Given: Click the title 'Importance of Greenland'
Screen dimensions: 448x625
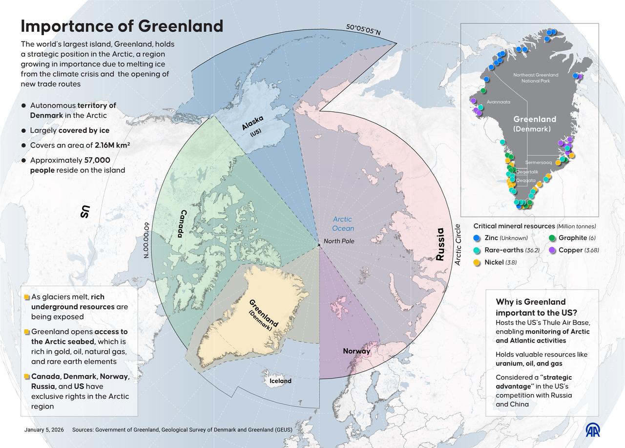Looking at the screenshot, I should click(x=122, y=26).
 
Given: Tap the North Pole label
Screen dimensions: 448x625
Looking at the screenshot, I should click(x=338, y=241).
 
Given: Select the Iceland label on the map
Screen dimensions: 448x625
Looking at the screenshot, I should click(x=280, y=381).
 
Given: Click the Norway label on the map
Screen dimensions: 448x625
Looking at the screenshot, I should click(x=356, y=351).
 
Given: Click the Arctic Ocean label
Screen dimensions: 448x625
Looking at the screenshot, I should click(x=343, y=224).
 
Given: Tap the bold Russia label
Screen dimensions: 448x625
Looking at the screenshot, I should click(x=440, y=244).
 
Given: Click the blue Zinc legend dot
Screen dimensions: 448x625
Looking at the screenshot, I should click(x=477, y=238).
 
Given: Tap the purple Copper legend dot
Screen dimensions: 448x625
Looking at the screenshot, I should click(x=551, y=250).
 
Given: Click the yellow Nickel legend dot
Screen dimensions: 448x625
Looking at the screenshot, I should click(x=477, y=262).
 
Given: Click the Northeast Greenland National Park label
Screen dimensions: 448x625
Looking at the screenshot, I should click(x=536, y=78).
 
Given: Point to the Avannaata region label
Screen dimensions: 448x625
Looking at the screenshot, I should click(x=499, y=102).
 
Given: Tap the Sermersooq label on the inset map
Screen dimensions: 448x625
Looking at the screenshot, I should click(x=538, y=162).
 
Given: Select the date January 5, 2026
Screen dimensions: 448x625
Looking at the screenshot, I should click(x=43, y=430).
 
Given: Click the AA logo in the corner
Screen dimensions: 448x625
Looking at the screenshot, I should click(x=594, y=429).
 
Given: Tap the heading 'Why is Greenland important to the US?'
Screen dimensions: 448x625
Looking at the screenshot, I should click(x=531, y=307).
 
